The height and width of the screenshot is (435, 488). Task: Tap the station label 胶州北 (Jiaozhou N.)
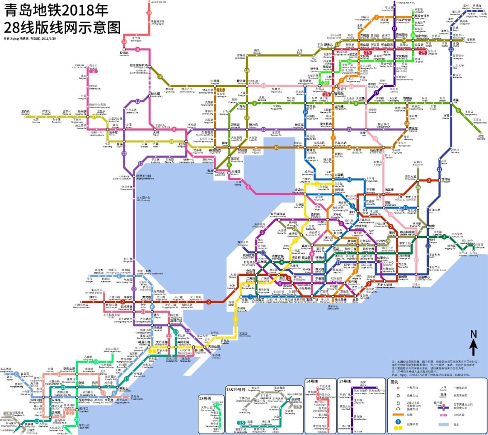pos(124,53)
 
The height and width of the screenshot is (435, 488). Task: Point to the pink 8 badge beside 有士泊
pos(94,71)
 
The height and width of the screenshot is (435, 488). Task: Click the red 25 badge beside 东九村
pos(422,52)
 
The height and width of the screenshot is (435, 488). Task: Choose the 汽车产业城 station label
pos(403,20)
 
